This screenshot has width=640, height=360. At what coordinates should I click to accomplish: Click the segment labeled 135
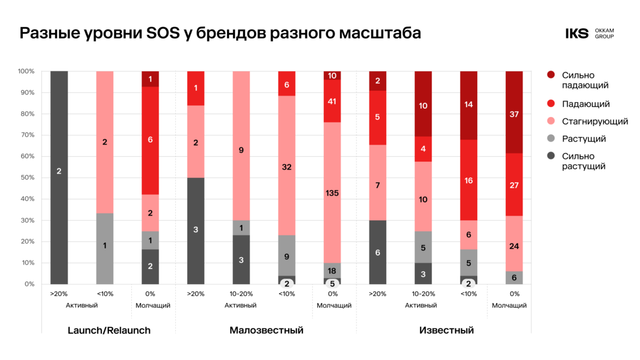pos(332,193)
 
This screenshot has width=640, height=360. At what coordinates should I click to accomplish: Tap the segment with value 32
pos(287,167)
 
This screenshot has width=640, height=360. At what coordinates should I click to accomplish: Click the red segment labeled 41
pos(332,101)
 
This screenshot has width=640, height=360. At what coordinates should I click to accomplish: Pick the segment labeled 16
pos(469,180)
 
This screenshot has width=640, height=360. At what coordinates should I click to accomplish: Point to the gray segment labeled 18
pos(332,271)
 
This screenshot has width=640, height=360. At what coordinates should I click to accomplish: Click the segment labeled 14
pos(469,105)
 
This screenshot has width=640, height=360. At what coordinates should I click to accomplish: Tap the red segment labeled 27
pos(514,185)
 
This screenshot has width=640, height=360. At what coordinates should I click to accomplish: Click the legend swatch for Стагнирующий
pos(551,121)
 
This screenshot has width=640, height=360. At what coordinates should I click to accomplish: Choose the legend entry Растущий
pos(584,139)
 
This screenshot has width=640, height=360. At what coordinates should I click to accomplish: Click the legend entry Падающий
pos(586,104)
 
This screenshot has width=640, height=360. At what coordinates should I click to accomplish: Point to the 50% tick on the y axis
pos(27,178)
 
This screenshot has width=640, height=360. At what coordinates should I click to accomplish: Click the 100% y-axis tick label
pos(26,71)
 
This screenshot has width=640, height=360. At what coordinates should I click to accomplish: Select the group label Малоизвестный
pos(267,330)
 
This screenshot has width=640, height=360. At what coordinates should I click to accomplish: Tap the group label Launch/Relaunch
pos(109,330)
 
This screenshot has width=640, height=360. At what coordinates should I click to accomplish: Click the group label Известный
pos(446,330)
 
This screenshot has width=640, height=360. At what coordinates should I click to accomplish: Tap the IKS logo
pos(577,34)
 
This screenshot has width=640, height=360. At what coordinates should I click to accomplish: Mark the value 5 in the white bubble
pos(332,283)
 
